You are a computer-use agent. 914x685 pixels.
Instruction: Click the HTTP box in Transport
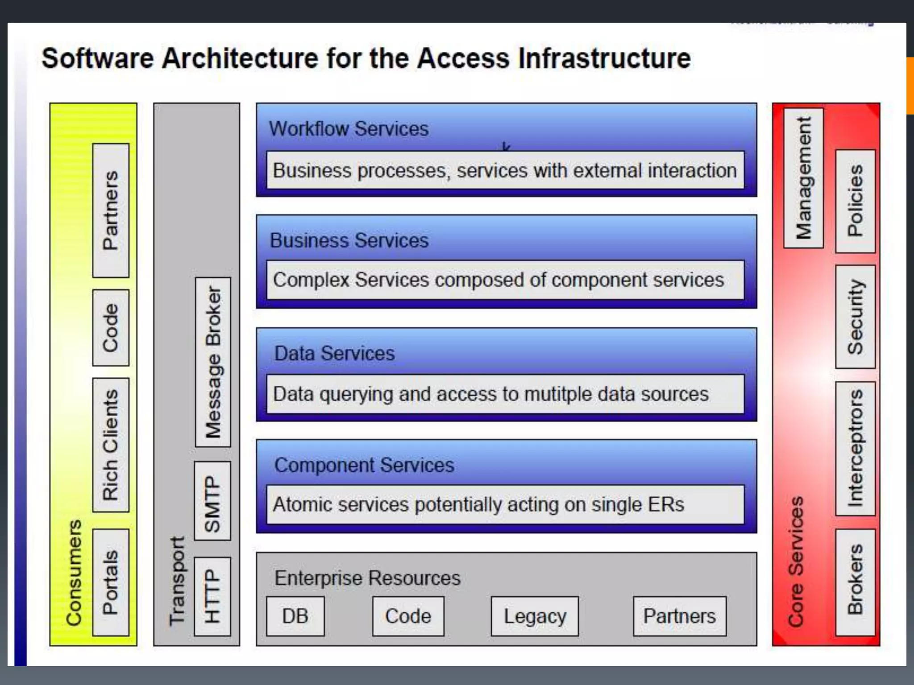tap(213, 596)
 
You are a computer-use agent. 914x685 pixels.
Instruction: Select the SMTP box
tap(213, 501)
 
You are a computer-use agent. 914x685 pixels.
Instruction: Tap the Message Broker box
tap(213, 362)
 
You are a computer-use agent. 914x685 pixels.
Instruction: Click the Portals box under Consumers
tap(111, 582)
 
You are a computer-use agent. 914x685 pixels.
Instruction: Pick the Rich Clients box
tap(111, 445)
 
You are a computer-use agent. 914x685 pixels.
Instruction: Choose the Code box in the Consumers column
tap(111, 328)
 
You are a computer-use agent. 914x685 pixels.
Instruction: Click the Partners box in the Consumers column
tap(111, 210)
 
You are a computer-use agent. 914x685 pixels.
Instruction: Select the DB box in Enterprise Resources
tap(295, 616)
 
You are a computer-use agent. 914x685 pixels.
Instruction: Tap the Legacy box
tap(535, 616)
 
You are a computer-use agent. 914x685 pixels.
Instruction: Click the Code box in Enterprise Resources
tap(408, 616)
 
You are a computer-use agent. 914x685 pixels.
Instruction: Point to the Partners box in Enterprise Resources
tap(679, 616)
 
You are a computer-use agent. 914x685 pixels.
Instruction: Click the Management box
tap(803, 178)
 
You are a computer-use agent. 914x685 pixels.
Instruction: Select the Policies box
tap(855, 201)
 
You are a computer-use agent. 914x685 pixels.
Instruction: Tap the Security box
tap(855, 317)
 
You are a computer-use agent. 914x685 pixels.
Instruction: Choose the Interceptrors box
tap(855, 448)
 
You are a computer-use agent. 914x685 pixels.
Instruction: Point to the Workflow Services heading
tap(349, 129)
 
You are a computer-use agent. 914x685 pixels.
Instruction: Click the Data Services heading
tap(334, 353)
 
